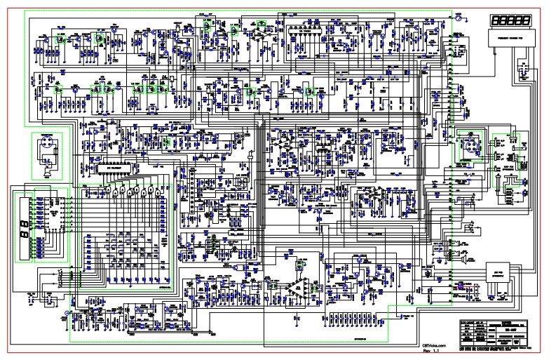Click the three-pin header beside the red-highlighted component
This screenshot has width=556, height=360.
pos(477,286)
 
